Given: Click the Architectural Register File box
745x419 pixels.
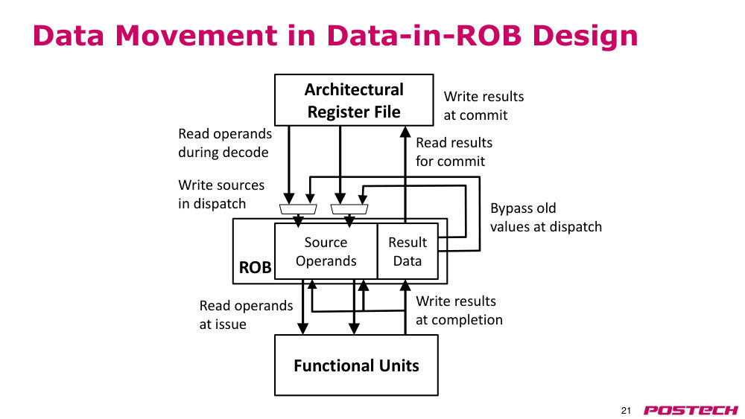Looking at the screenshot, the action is (x=354, y=100).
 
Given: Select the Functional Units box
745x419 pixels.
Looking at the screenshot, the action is (x=356, y=365).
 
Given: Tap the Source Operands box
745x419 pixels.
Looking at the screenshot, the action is (x=326, y=251).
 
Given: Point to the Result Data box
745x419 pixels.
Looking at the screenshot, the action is (x=408, y=251).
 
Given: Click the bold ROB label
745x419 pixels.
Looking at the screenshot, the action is (x=255, y=268).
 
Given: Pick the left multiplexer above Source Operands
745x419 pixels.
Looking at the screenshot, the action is (x=298, y=209).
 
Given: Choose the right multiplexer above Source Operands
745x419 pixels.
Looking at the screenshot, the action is (x=349, y=209).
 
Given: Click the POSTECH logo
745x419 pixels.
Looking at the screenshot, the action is (x=691, y=410).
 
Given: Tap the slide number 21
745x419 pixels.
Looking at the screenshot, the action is (x=626, y=411).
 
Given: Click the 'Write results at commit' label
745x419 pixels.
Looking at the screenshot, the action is (x=484, y=106).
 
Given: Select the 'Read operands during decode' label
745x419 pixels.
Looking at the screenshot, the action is (x=225, y=143).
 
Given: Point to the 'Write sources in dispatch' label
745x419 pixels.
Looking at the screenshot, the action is (x=221, y=194).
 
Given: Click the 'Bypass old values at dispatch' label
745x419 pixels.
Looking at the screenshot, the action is (x=546, y=217).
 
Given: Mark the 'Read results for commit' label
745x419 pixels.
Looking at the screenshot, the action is (x=454, y=152).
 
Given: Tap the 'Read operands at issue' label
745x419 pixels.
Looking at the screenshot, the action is (x=246, y=315).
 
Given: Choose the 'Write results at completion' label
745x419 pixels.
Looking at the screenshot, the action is (x=459, y=310).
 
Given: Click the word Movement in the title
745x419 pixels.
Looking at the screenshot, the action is (x=196, y=36).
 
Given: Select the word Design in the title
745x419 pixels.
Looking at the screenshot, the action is (x=585, y=36).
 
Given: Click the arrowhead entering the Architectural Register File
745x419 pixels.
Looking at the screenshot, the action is (x=405, y=132).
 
